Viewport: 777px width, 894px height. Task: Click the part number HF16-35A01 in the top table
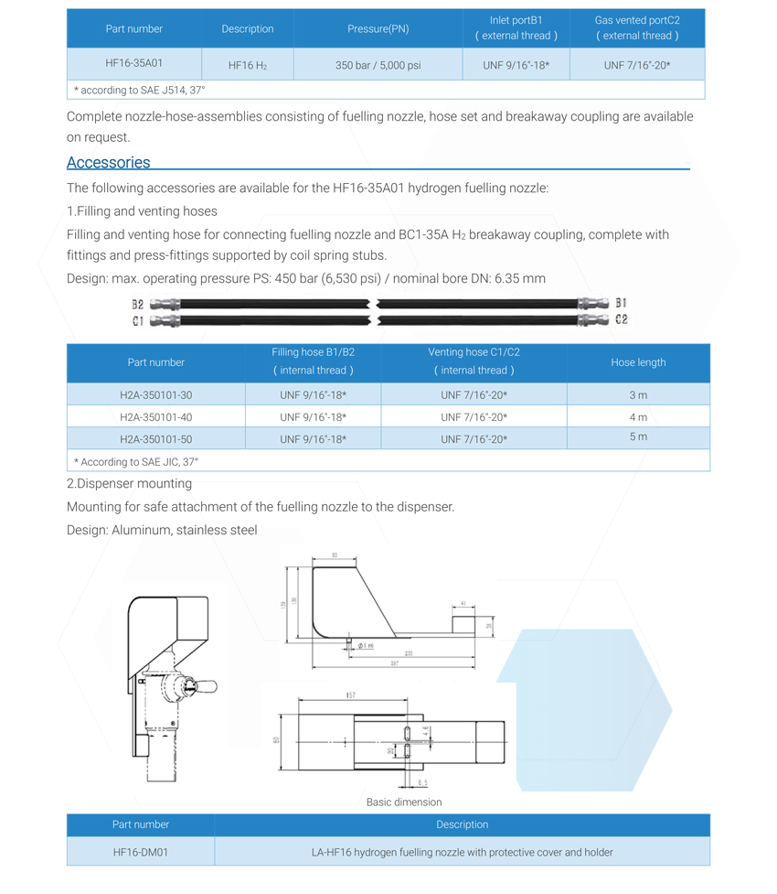[x=134, y=64]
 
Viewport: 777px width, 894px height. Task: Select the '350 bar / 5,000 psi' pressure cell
[x=378, y=65]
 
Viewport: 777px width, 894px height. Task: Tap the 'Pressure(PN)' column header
[x=378, y=28]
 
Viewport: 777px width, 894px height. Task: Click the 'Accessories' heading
[x=108, y=162]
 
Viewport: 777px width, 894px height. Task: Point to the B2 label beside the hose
[x=137, y=304]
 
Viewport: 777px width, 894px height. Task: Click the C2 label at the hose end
[x=622, y=319]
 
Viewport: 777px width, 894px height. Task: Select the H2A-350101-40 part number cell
[x=156, y=417]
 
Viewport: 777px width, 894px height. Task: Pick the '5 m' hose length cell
[x=638, y=437]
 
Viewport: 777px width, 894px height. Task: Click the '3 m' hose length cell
[x=638, y=395]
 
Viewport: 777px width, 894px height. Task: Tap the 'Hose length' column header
[x=638, y=362]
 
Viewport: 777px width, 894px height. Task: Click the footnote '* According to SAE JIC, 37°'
[x=136, y=462]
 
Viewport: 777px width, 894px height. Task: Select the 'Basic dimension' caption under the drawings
[x=404, y=802]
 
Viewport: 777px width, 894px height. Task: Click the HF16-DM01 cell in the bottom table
[x=141, y=852]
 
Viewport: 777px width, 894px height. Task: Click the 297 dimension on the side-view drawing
[x=394, y=663]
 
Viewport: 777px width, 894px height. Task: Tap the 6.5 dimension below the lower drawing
[x=422, y=783]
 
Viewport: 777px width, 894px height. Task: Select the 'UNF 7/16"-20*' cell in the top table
[x=637, y=65]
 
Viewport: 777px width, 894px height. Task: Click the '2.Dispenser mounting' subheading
[x=130, y=483]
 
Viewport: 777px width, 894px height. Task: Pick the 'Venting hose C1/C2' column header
[x=474, y=361]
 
